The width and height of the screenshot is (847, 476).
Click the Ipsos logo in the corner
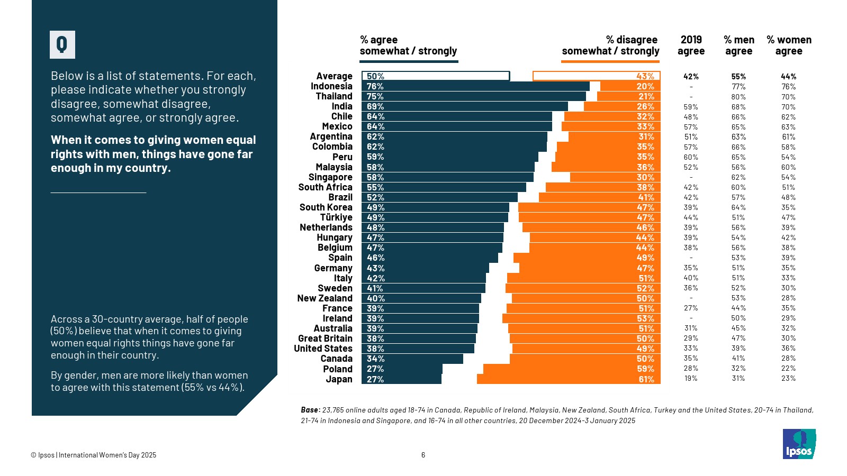point(799,444)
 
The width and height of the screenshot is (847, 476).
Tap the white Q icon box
point(62,44)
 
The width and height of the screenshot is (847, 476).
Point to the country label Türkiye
point(336,217)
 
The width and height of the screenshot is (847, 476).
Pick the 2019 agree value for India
point(691,107)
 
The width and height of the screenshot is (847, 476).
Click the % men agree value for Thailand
point(738,97)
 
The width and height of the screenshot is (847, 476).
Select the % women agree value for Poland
point(788,369)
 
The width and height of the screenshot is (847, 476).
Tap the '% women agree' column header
point(789,45)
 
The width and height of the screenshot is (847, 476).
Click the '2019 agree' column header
point(691,45)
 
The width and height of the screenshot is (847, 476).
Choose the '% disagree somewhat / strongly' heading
point(610,45)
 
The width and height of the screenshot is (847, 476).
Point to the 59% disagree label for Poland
point(645,369)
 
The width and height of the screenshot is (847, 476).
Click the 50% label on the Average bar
point(375,76)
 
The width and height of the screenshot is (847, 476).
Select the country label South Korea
point(326,207)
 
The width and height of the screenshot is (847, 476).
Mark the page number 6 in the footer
point(423,455)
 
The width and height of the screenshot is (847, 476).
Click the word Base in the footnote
point(310,410)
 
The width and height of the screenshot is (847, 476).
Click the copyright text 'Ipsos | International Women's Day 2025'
point(94,455)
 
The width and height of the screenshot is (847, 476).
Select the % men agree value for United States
point(738,349)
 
